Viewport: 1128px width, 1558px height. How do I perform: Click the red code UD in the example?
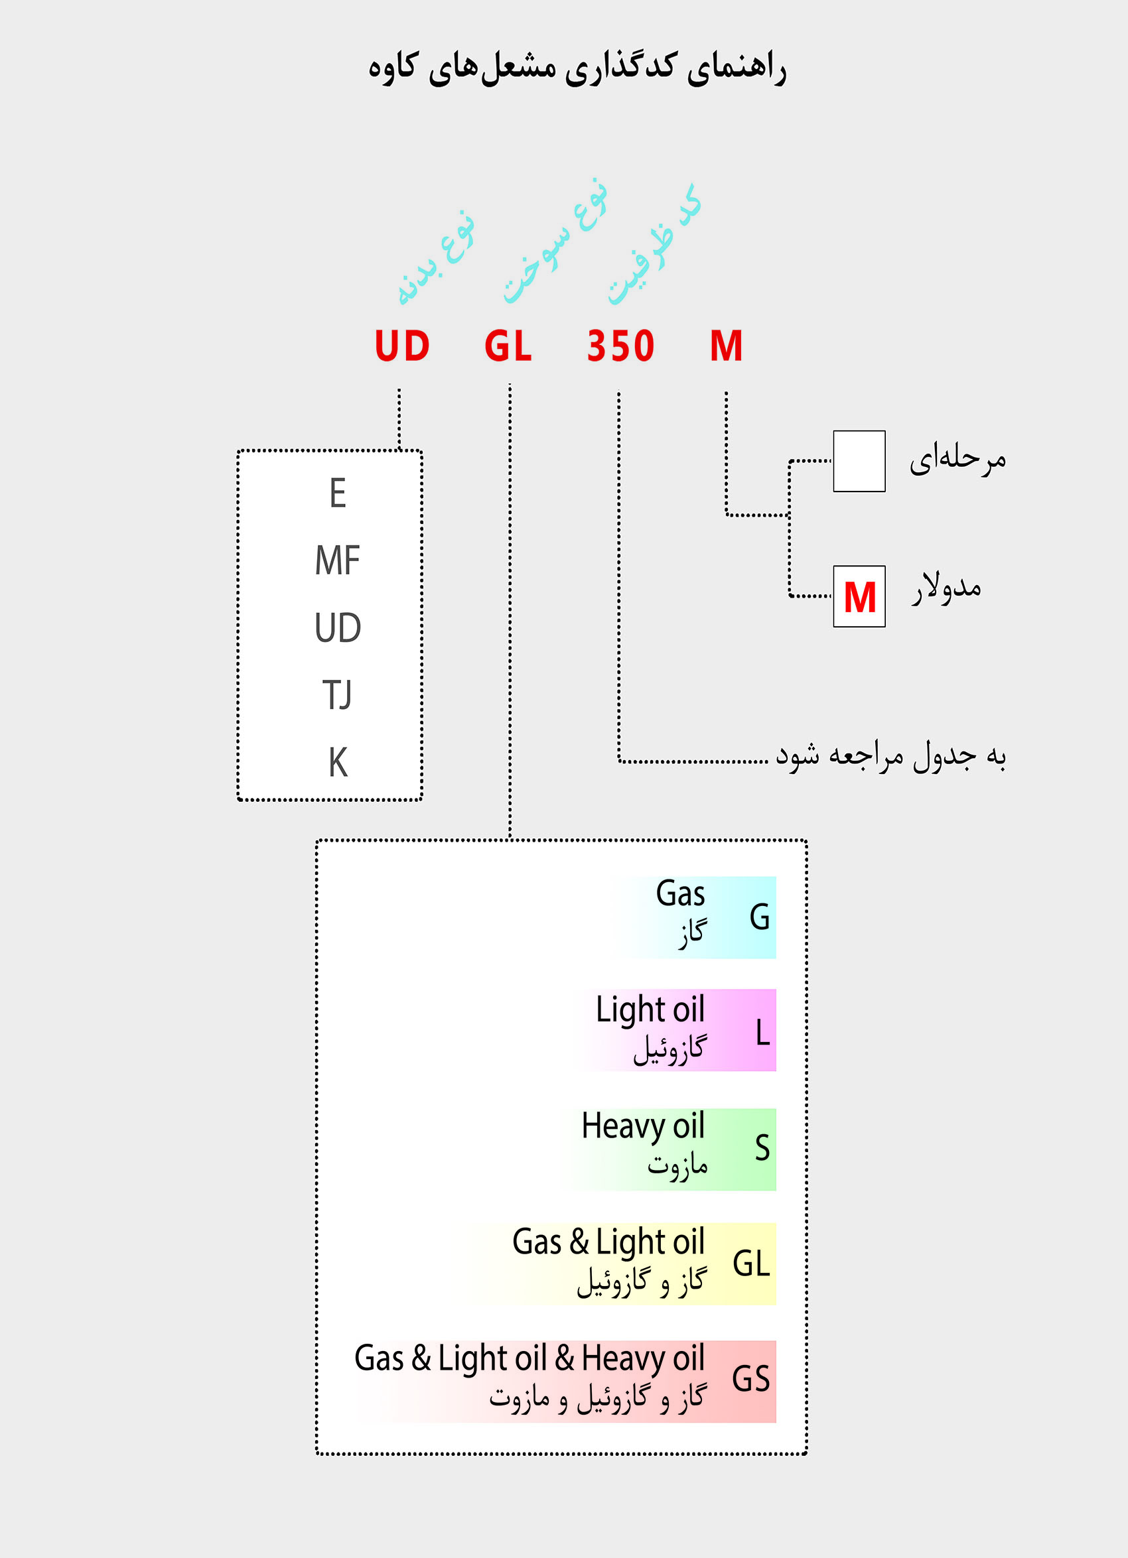click(402, 346)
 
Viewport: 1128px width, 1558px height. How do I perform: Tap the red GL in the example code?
click(508, 346)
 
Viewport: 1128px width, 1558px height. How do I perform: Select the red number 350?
click(620, 346)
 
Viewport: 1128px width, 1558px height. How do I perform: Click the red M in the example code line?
click(726, 346)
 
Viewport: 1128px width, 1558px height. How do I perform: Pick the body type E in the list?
click(338, 493)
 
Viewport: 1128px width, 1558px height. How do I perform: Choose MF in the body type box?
click(338, 560)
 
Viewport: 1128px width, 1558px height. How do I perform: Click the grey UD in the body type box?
click(338, 628)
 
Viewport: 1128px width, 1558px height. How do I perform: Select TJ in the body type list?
click(337, 695)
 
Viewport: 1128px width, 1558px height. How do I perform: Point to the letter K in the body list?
click(338, 763)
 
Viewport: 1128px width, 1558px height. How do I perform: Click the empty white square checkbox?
click(859, 461)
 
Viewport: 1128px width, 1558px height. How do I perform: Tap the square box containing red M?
click(859, 596)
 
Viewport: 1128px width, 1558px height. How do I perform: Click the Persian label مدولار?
click(947, 588)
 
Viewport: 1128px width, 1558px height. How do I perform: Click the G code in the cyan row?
click(760, 917)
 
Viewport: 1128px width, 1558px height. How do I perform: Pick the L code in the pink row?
click(762, 1033)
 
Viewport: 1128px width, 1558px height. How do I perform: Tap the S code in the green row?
click(762, 1147)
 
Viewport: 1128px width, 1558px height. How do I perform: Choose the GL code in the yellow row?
click(751, 1264)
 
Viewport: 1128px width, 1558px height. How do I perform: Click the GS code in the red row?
click(750, 1379)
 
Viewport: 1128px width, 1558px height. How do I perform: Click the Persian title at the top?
click(577, 69)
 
